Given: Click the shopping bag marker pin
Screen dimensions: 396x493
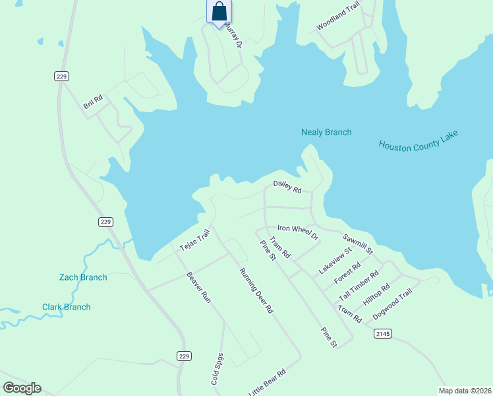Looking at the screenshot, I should coord(219,12).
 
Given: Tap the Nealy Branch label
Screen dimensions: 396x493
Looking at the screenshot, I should coord(326,132).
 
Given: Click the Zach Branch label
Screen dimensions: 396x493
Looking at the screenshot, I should coord(83,277).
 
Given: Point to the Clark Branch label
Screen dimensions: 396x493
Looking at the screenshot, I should coord(67,307).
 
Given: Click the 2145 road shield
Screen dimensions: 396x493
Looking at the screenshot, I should coord(383,334).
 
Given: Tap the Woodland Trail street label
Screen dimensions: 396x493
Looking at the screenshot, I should coord(338,16).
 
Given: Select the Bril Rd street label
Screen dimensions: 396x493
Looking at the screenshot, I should coord(93,102).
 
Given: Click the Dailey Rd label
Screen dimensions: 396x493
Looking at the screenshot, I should coord(287,187).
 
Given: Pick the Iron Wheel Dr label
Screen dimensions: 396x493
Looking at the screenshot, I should coord(298,232).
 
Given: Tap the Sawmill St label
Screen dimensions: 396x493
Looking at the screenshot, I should coord(358,244).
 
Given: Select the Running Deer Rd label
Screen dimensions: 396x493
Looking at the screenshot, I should coord(256,290).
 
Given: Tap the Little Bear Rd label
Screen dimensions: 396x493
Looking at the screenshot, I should coord(267,383).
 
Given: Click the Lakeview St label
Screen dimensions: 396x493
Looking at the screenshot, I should coord(335,260).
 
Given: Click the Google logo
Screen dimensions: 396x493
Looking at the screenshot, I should coord(22,387).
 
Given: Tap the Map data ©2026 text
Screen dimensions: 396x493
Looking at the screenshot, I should coord(464,391).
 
